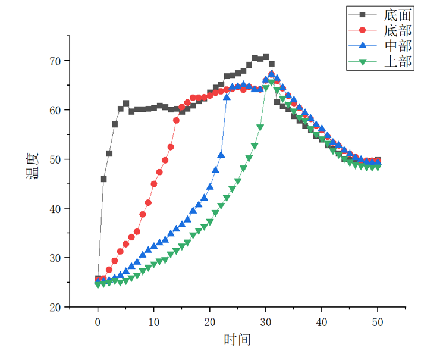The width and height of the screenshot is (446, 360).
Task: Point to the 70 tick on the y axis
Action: (x=60, y=61)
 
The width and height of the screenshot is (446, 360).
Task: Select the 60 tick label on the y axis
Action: (x=60, y=110)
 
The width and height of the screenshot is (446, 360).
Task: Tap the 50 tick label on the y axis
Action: (x=60, y=159)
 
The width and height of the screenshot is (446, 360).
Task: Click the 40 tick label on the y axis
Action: (x=60, y=208)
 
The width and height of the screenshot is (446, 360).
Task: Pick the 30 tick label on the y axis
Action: (x=60, y=258)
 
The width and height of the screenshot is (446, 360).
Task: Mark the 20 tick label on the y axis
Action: (x=60, y=307)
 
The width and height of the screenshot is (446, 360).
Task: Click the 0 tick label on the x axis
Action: (x=98, y=321)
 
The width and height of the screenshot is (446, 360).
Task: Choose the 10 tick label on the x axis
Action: (x=154, y=321)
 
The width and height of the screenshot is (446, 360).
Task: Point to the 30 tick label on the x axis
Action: (x=266, y=321)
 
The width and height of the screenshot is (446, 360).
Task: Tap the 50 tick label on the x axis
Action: (x=378, y=321)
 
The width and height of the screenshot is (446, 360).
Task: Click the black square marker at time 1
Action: (x=103, y=179)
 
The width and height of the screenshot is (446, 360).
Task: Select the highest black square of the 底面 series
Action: (x=266, y=57)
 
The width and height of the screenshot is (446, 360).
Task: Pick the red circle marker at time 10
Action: (x=154, y=184)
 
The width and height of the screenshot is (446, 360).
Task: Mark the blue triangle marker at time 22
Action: (x=221, y=155)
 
